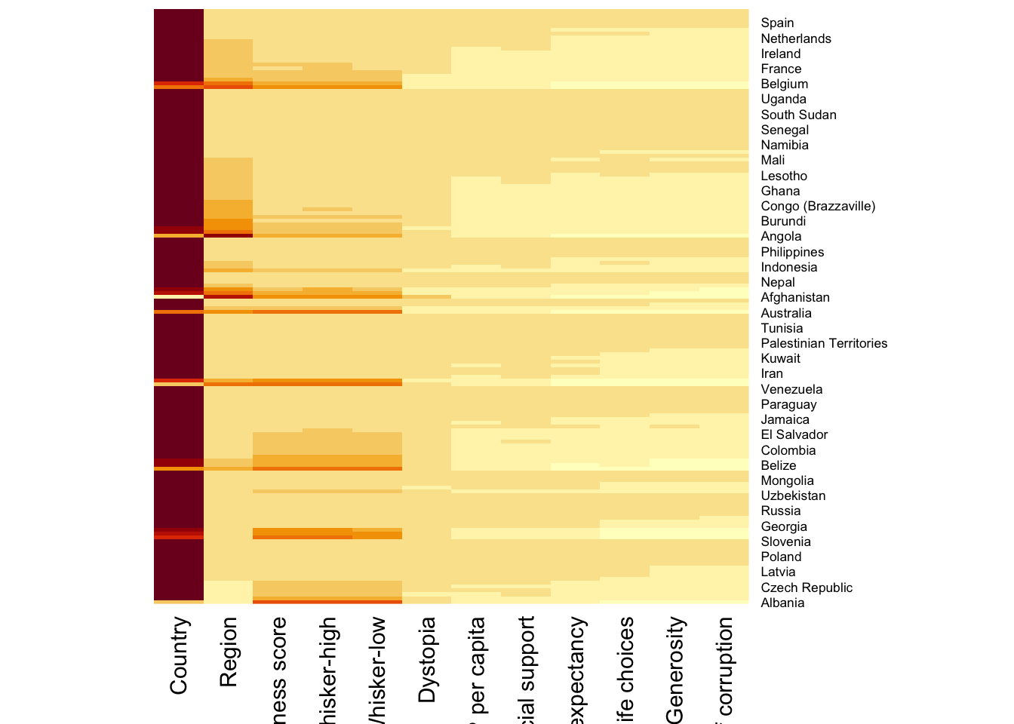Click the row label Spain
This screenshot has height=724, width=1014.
click(x=777, y=23)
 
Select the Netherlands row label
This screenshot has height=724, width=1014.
click(x=795, y=38)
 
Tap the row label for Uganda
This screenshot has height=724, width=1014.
click(x=783, y=100)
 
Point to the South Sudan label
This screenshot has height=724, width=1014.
click(x=798, y=115)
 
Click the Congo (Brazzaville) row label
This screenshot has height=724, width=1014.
click(x=818, y=206)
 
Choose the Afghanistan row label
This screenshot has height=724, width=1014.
click(x=794, y=298)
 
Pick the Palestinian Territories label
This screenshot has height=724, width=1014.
click(x=823, y=343)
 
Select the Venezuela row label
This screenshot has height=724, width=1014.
click(x=791, y=389)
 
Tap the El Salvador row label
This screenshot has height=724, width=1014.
click(x=794, y=435)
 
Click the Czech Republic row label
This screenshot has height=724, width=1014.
click(x=806, y=587)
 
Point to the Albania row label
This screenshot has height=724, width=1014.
click(x=782, y=603)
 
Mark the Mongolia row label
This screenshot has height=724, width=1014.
click(x=787, y=481)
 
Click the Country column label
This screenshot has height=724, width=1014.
click(x=179, y=655)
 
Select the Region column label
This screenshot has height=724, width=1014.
click(x=229, y=652)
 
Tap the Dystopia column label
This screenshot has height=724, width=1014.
click(x=427, y=660)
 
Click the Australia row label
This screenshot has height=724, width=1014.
click(x=785, y=313)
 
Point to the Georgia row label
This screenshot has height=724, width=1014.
click(x=783, y=526)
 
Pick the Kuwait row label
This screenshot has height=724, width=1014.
click(x=780, y=359)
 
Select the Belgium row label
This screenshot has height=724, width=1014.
click(x=784, y=84)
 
